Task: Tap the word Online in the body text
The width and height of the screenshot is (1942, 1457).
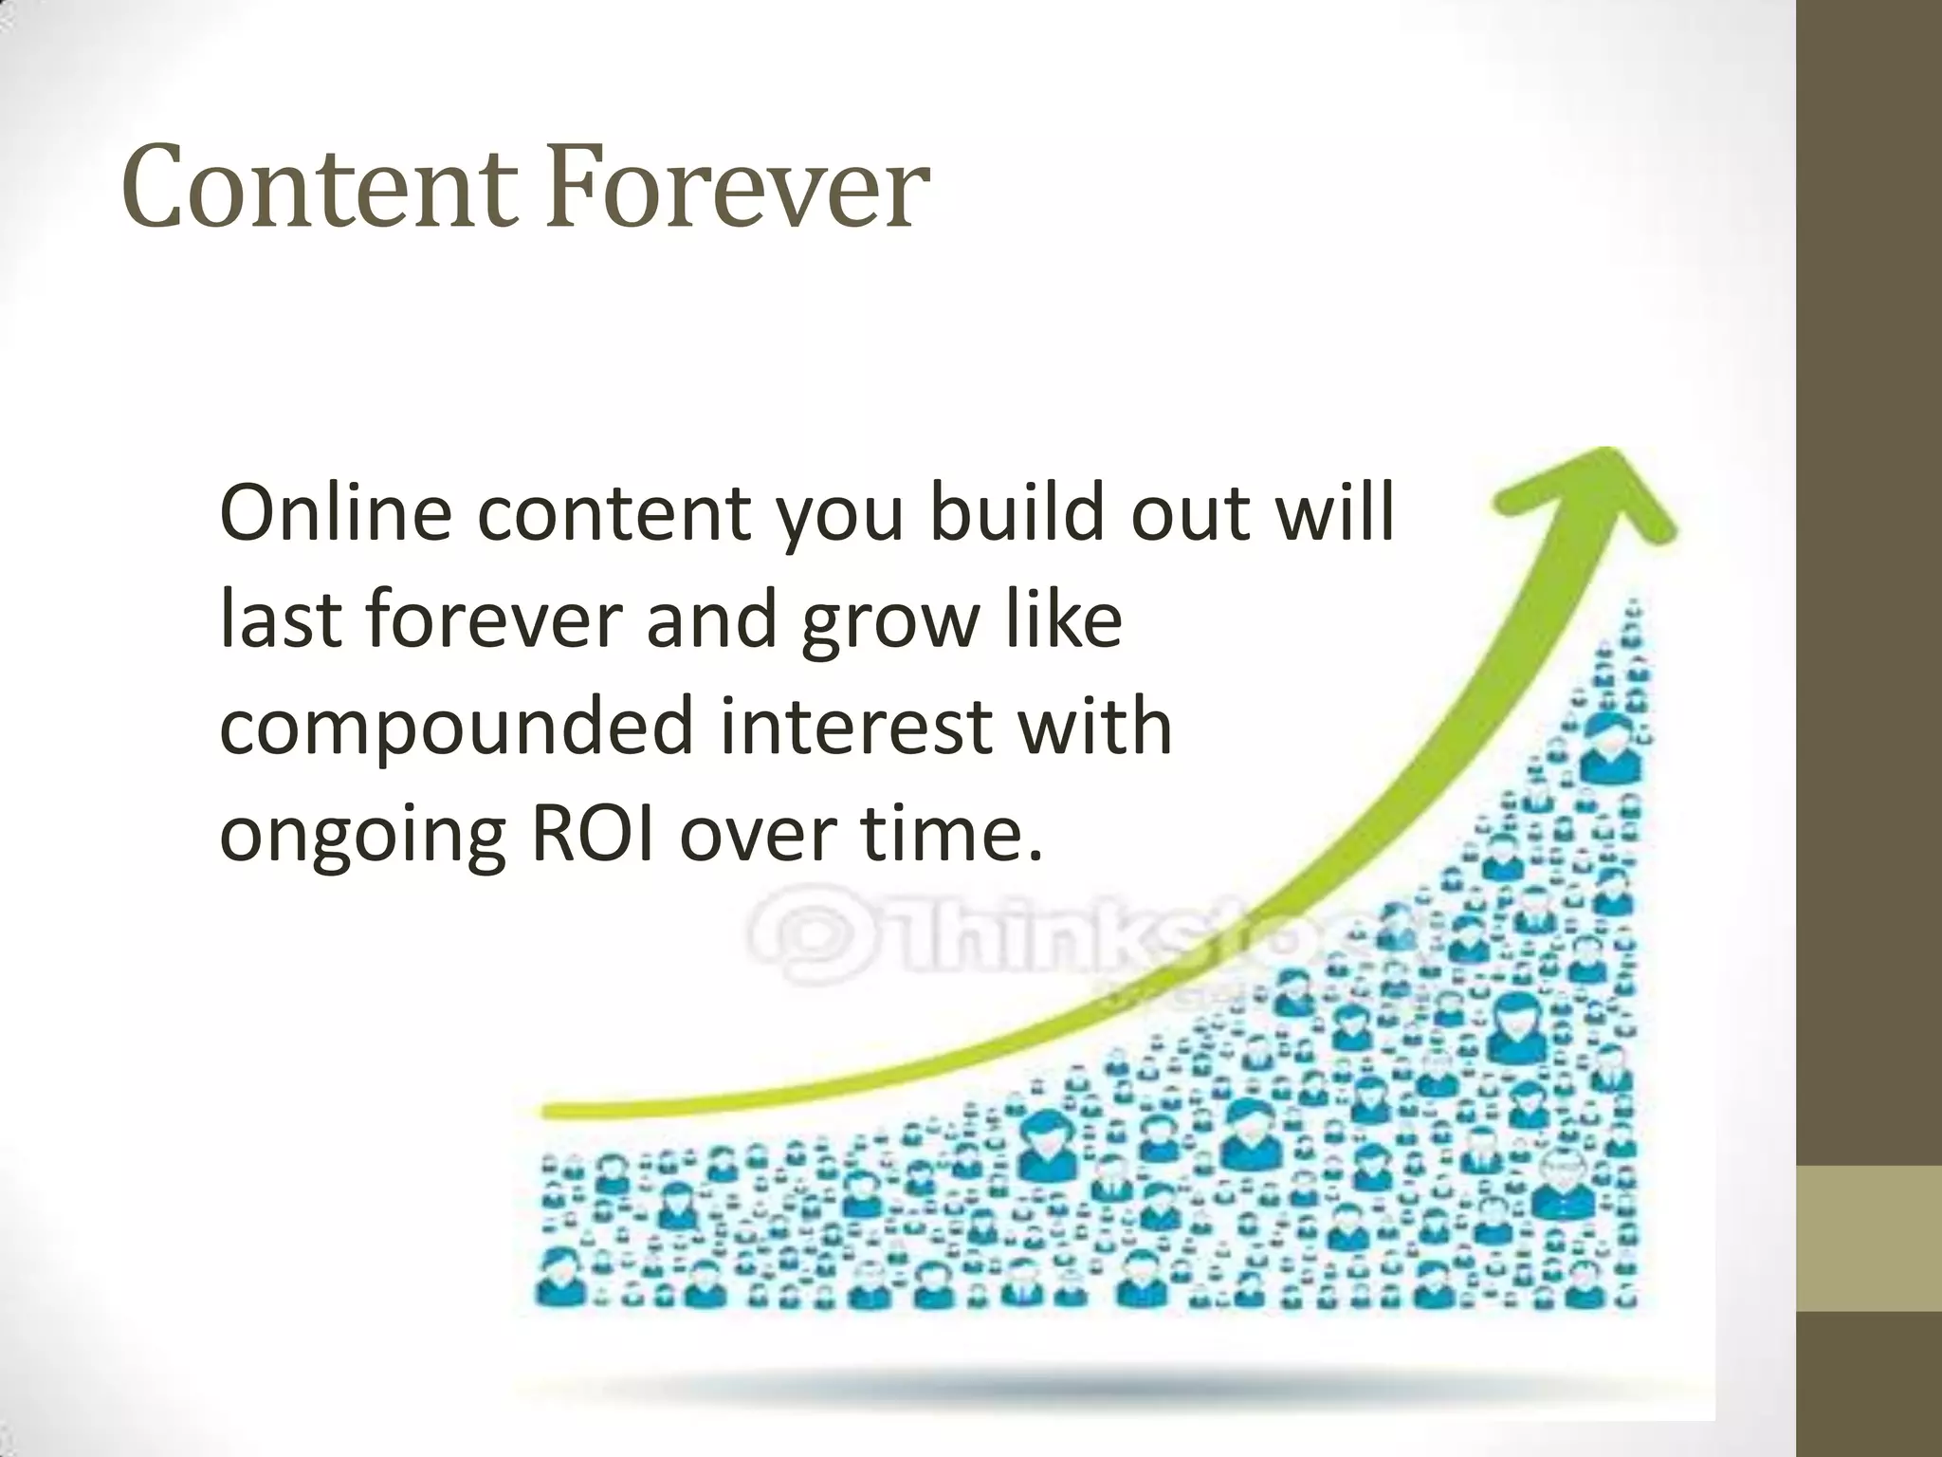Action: point(335,513)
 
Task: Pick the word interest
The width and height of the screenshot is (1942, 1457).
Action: point(856,728)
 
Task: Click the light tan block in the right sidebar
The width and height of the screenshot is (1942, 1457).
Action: point(1869,1238)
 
